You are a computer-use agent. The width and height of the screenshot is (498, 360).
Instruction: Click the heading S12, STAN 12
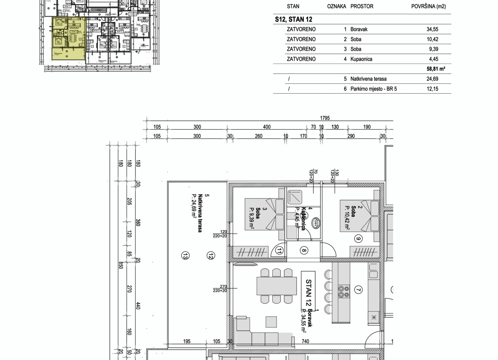293,19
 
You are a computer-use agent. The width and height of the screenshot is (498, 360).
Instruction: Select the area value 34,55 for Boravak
432,29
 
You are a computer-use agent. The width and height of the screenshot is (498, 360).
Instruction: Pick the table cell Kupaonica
361,59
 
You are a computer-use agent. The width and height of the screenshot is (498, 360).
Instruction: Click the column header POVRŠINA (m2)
428,7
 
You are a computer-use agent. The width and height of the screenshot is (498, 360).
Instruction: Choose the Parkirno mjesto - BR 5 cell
373,89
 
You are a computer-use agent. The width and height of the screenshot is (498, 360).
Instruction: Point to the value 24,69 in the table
432,79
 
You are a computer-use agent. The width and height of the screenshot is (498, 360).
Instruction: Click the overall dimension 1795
325,118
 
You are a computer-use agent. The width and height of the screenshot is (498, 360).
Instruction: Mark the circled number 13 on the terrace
186,256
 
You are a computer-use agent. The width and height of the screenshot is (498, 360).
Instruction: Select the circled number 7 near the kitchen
359,290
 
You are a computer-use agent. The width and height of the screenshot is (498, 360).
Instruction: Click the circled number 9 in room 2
359,238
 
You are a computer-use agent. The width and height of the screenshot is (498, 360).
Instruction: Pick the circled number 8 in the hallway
304,250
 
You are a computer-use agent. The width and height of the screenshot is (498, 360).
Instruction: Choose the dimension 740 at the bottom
306,341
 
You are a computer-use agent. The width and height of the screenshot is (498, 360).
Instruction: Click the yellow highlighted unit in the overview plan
68,37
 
